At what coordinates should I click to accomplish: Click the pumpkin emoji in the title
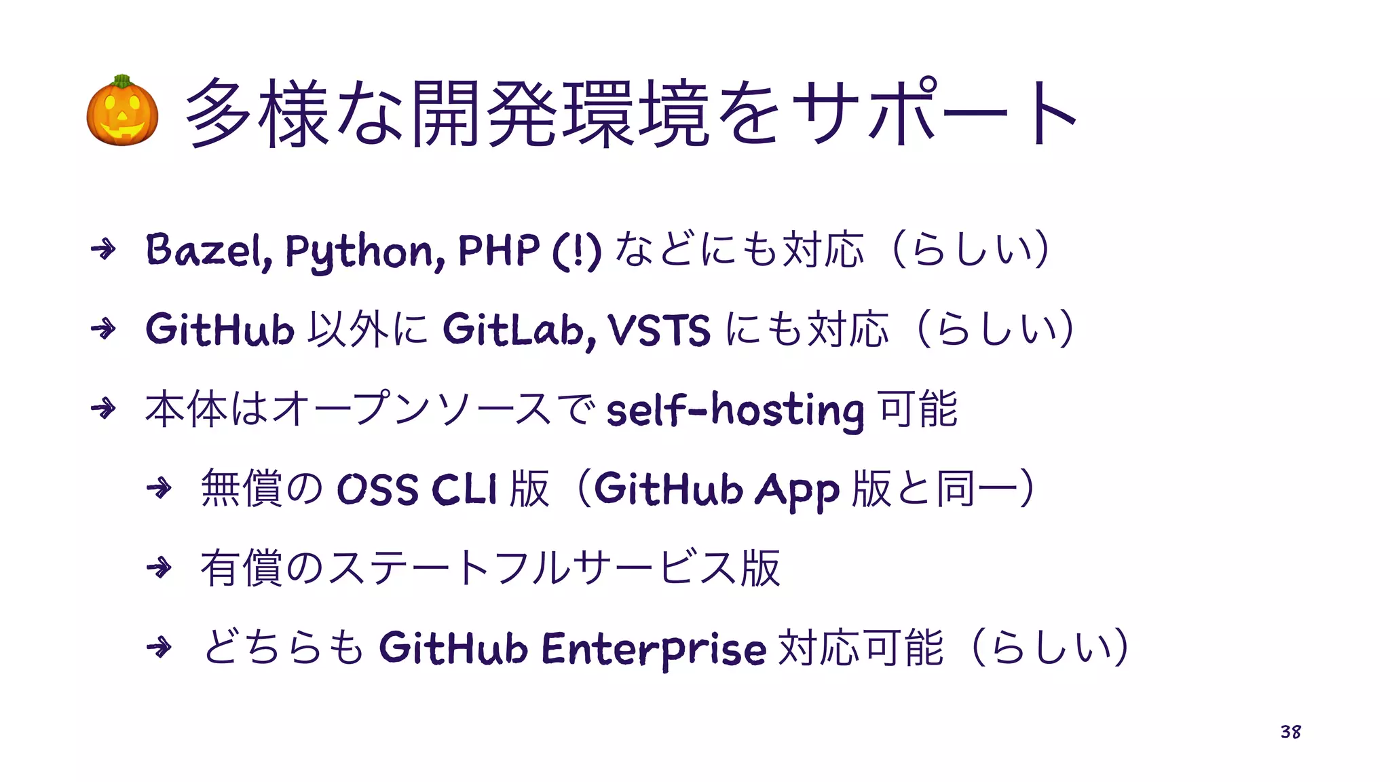click(x=122, y=111)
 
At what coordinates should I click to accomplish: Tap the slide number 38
click(x=1290, y=732)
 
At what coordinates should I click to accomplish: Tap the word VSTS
click(x=660, y=330)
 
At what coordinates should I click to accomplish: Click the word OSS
click(x=377, y=489)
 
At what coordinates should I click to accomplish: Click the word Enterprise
click(x=654, y=648)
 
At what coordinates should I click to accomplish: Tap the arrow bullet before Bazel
click(x=103, y=250)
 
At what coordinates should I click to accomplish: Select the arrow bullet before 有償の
click(x=159, y=567)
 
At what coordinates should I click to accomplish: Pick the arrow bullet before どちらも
click(x=159, y=647)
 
